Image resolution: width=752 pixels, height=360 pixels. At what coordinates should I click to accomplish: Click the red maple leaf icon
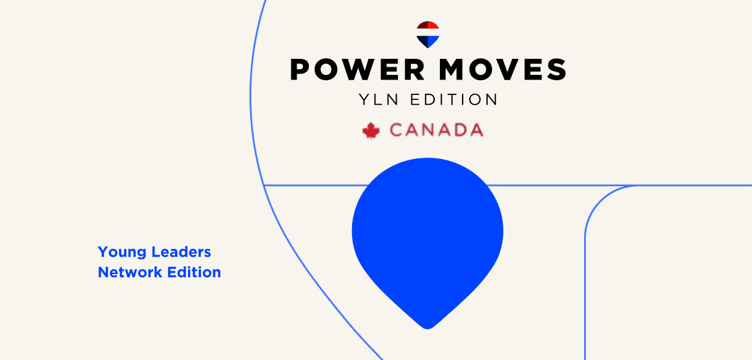tap(371, 131)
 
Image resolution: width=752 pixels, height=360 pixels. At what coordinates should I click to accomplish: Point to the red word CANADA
tap(436, 131)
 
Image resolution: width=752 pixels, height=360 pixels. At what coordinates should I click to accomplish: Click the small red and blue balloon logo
tap(428, 34)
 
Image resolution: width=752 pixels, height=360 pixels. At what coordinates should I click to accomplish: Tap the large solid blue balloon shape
tap(427, 233)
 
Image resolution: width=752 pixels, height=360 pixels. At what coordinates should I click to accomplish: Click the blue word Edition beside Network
tap(194, 272)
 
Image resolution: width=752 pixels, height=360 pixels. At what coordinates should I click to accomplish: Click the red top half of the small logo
tap(428, 28)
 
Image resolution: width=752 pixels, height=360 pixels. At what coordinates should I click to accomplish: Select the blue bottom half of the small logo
tap(428, 41)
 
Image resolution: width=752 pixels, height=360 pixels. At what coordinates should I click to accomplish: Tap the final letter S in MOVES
tap(556, 69)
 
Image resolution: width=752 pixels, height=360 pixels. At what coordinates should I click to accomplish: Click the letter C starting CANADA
tap(397, 131)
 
